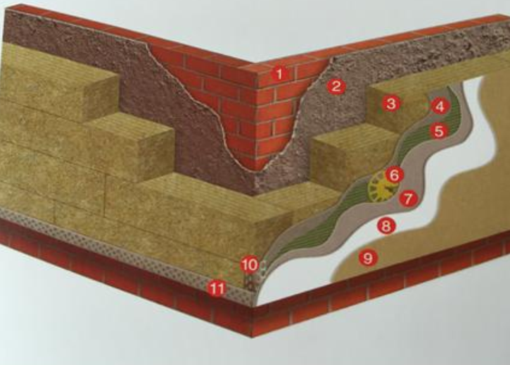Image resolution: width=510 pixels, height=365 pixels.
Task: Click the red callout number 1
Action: [x=279, y=74]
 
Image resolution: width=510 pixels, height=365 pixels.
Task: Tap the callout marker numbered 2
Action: [x=336, y=87]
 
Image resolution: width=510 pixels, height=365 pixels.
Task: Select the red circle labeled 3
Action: [x=390, y=104]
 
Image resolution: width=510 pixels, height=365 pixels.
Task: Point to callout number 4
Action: [x=440, y=106]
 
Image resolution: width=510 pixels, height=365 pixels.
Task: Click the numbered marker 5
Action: [x=439, y=131]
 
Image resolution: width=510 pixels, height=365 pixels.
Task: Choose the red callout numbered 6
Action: [x=394, y=175]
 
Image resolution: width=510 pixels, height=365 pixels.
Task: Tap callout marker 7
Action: [x=408, y=198]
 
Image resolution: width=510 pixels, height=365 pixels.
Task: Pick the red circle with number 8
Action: [x=386, y=225]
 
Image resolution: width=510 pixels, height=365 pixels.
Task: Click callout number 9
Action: [x=368, y=258]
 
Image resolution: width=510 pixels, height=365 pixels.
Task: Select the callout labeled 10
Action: [x=249, y=265]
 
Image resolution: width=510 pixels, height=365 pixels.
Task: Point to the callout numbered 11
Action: [x=217, y=288]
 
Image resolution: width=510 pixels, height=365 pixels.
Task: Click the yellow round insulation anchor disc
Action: [x=381, y=187]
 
